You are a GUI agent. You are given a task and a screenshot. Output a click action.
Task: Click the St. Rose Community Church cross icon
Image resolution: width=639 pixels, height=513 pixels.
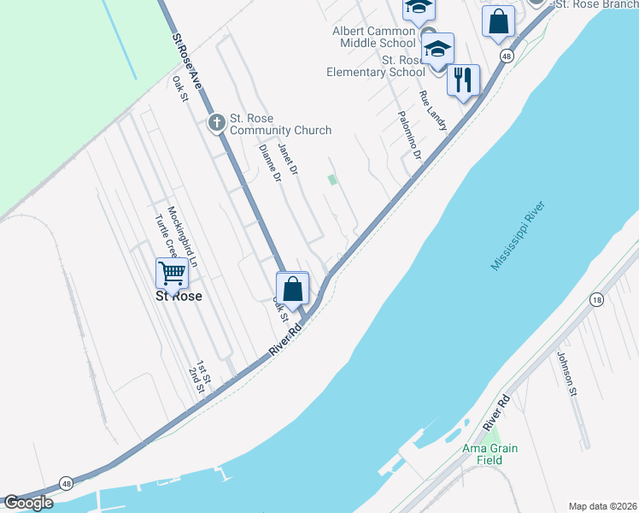[217, 123]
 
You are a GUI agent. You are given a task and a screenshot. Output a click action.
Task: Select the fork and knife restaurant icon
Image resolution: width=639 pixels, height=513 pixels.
[462, 80]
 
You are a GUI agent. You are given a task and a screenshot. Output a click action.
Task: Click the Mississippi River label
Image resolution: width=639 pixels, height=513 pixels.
[518, 237]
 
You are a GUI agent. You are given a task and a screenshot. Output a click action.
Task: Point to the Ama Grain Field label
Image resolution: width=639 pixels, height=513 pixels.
[491, 454]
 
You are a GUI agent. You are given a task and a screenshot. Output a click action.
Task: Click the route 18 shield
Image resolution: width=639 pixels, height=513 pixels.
[596, 300]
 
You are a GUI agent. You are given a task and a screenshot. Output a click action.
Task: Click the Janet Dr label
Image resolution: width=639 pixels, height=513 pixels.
[288, 159]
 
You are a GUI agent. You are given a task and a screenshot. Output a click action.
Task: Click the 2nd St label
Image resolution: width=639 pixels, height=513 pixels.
[196, 380]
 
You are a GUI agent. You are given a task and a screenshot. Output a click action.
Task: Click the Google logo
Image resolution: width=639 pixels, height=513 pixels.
[29, 503]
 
